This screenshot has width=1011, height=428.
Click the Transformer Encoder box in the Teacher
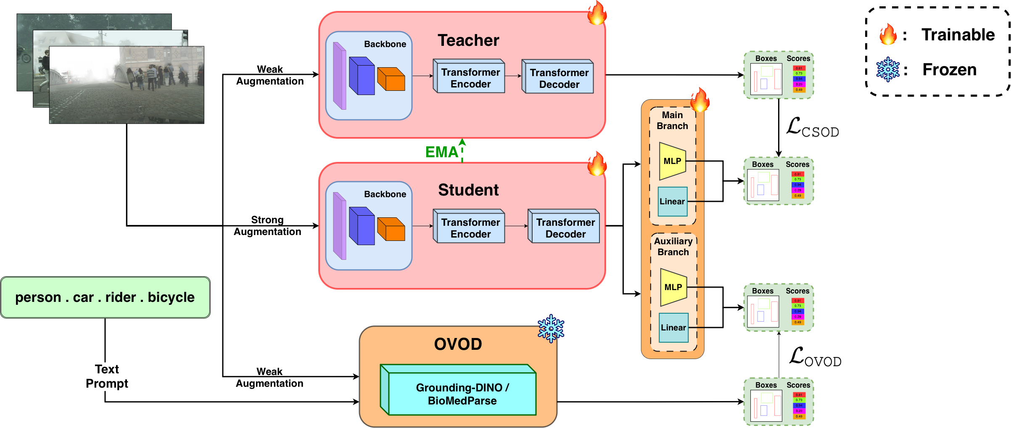click(x=470, y=77)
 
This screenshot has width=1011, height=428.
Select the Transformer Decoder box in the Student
click(x=565, y=227)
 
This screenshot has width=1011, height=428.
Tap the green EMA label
click(x=441, y=152)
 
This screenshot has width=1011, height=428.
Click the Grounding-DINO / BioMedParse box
click(x=462, y=394)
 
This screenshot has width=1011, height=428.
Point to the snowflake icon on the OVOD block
click(x=551, y=329)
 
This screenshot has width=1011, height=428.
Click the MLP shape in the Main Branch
click(x=672, y=161)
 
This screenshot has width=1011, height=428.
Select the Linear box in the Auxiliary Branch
click(x=673, y=328)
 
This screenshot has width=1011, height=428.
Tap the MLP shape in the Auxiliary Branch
click(x=673, y=287)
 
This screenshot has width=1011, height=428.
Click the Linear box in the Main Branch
click(x=672, y=201)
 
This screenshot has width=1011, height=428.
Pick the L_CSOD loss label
click(x=812, y=129)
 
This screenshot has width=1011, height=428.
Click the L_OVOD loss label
click(x=815, y=358)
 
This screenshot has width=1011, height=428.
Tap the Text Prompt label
click(x=107, y=376)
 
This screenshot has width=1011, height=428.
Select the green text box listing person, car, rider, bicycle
click(x=105, y=297)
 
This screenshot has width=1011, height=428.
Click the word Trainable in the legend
click(x=958, y=35)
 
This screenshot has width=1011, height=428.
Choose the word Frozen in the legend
click(x=949, y=70)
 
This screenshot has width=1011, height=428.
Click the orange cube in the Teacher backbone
click(x=391, y=79)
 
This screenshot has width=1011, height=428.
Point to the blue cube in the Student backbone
click(x=362, y=226)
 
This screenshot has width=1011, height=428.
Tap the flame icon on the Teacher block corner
click(x=597, y=13)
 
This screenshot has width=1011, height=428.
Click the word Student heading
click(x=468, y=190)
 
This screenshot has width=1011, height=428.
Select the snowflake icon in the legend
click(x=888, y=69)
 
